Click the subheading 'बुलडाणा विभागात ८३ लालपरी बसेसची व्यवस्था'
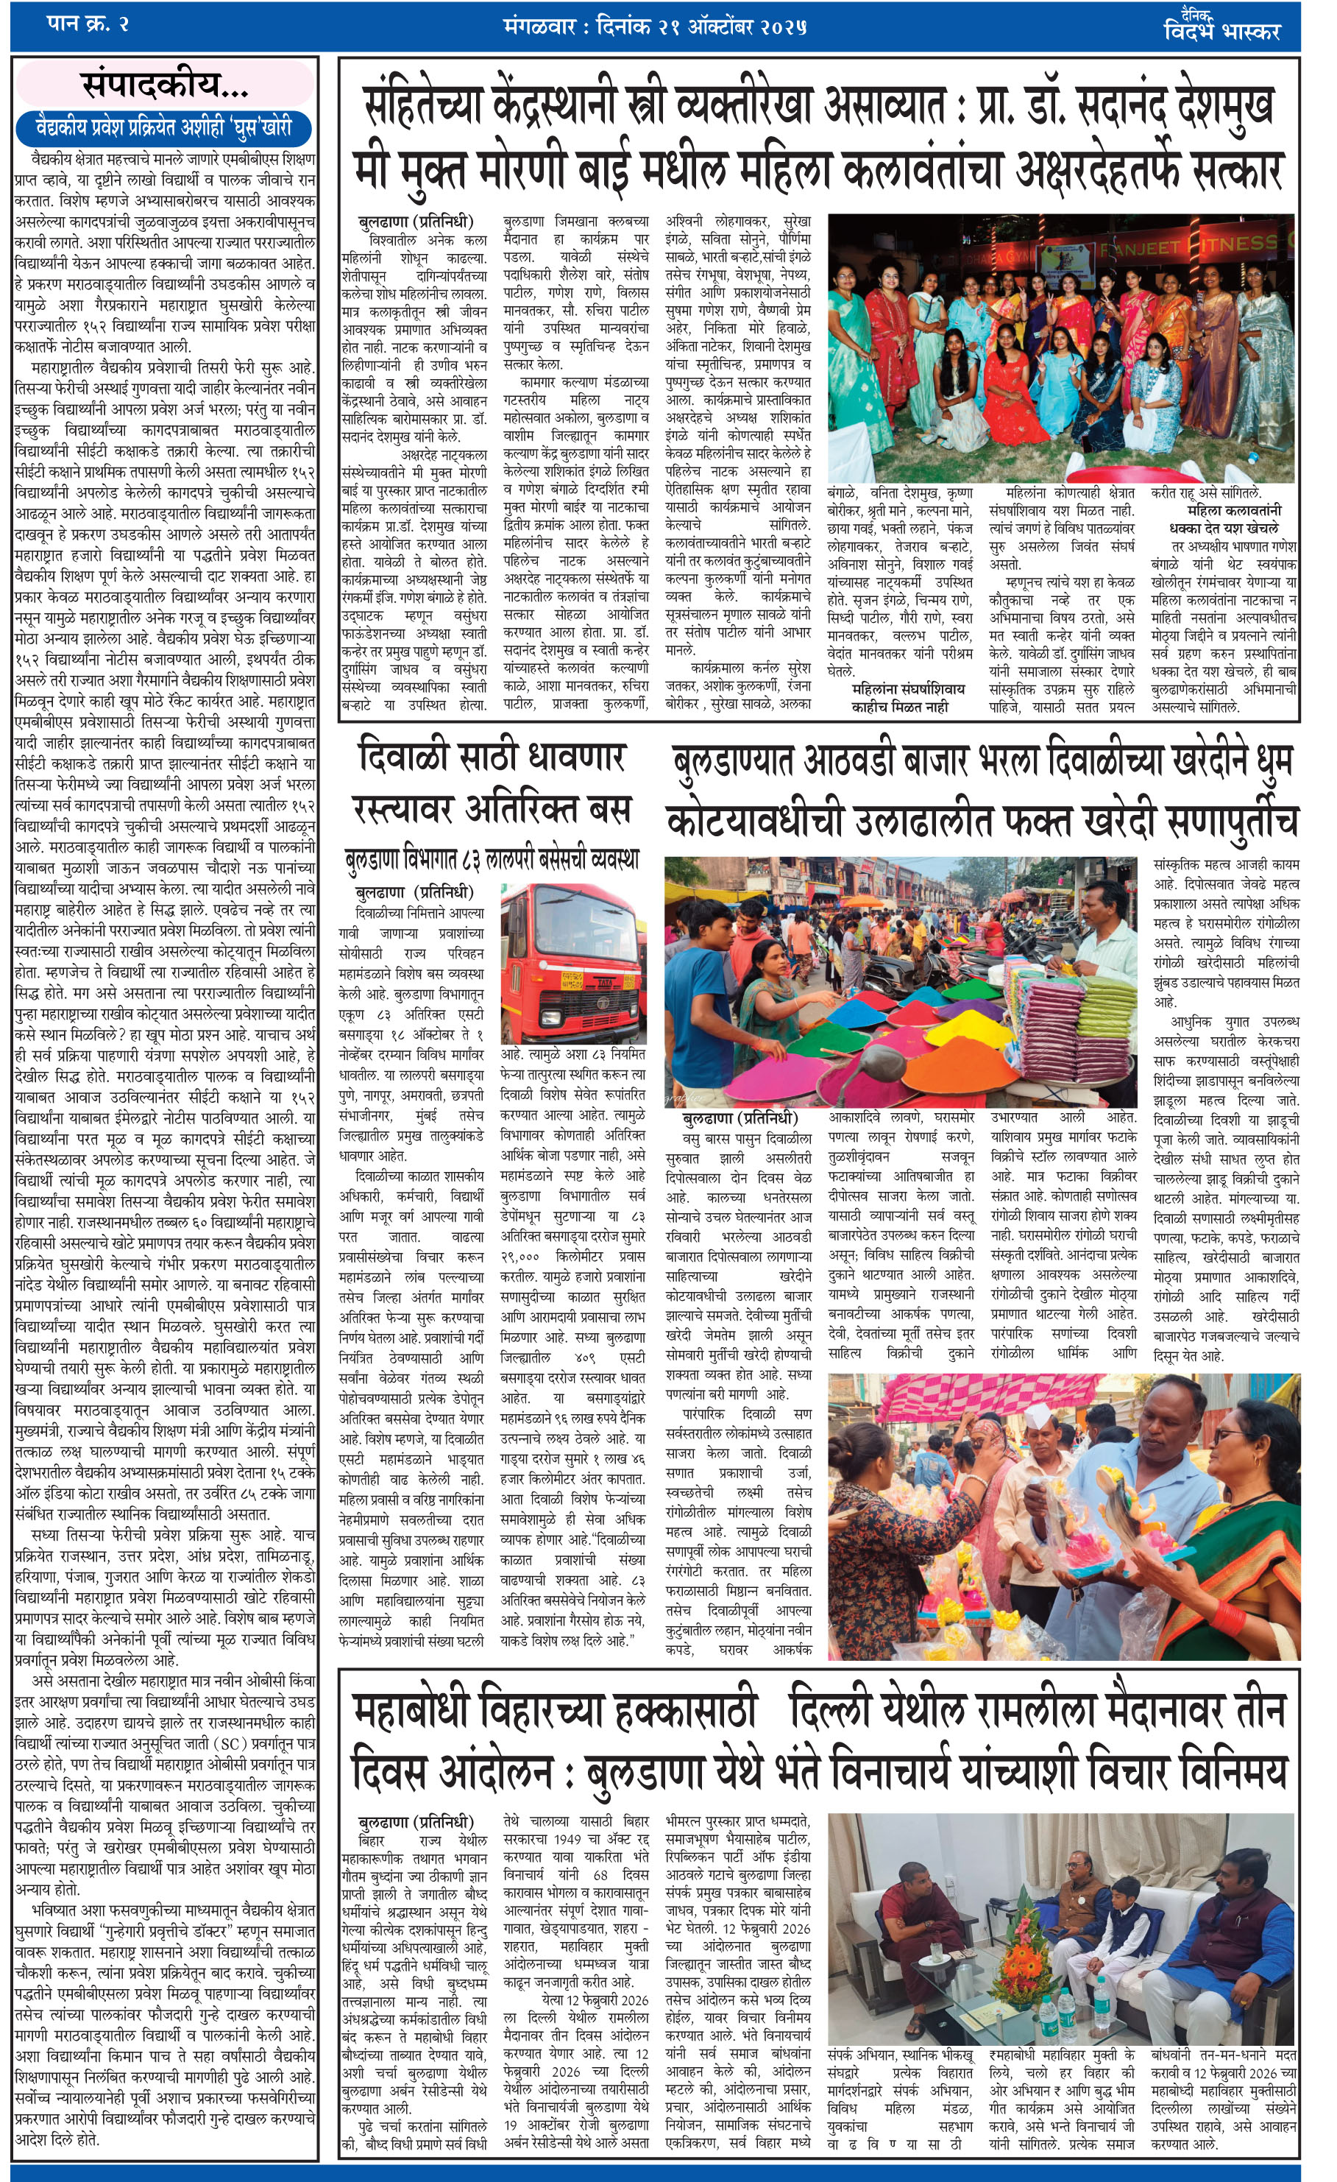[492, 859]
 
